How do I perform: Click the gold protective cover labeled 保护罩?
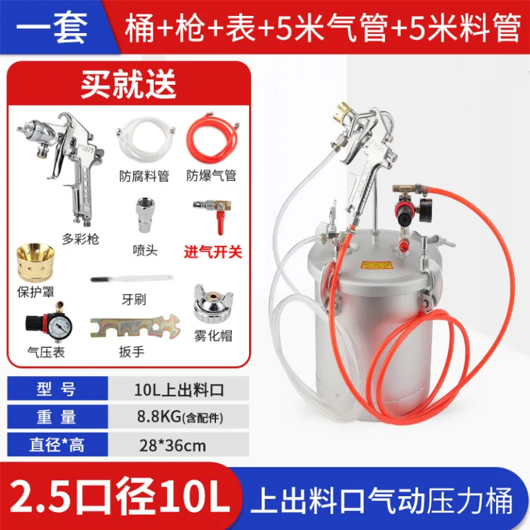click(x=35, y=262)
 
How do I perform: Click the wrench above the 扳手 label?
click(x=135, y=326)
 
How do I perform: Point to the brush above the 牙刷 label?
click(x=132, y=279)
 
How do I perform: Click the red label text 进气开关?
click(x=213, y=252)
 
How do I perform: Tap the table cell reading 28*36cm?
click(x=173, y=446)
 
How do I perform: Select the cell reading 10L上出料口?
click(x=179, y=390)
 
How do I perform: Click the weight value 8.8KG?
click(x=159, y=416)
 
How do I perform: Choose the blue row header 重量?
click(x=57, y=417)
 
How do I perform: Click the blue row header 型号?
click(x=57, y=389)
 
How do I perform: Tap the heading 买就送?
click(x=128, y=84)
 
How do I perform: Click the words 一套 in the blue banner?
click(x=52, y=28)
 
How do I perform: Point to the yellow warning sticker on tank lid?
click(x=376, y=265)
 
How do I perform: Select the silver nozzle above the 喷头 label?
click(x=146, y=215)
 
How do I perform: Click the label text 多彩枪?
click(x=81, y=239)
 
